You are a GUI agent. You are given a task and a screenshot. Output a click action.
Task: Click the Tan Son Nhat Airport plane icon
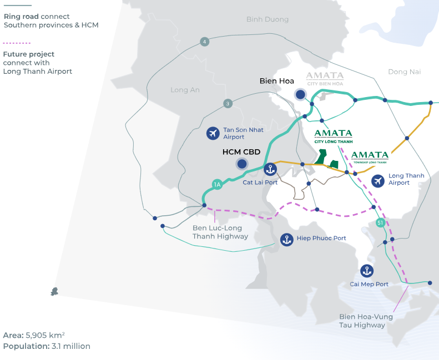[213, 133]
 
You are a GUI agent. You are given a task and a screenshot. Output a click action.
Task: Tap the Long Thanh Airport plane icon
[378, 181]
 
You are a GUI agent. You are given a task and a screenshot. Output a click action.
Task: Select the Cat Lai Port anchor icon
[270, 169]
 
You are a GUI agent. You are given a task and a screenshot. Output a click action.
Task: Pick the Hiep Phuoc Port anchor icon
[287, 240]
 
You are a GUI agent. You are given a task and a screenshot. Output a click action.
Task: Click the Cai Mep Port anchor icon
[367, 271]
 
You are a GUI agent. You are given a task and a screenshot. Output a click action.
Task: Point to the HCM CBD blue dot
[242, 164]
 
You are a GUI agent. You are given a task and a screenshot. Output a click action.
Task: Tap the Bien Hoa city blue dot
[300, 94]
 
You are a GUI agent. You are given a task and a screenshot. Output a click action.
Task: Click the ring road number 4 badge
[205, 42]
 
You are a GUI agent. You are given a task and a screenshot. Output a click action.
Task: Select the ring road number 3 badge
[228, 104]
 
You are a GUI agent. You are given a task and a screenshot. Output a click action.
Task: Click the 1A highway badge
[217, 184]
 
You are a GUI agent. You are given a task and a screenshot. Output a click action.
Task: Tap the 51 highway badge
[380, 222]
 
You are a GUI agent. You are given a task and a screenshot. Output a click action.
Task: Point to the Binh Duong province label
[268, 19]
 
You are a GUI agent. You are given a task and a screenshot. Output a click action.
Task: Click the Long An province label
[185, 90]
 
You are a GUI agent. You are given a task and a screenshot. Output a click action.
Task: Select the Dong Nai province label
[404, 72]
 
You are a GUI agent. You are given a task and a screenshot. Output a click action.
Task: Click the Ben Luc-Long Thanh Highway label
[220, 232]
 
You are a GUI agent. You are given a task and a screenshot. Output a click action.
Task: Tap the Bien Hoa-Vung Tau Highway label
[366, 321]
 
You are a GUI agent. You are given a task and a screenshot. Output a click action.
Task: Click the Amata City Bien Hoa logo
[325, 79]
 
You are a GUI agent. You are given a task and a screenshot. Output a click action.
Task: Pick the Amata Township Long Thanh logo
[370, 158]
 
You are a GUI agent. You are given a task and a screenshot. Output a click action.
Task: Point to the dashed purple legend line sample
[17, 43]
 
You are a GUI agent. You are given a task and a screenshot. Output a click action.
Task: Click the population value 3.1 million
[71, 346]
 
